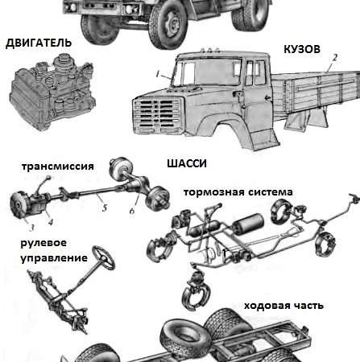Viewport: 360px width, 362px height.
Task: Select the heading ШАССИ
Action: click(x=187, y=163)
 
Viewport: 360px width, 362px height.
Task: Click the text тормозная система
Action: click(x=238, y=192)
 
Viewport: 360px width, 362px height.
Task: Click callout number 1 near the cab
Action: click(x=160, y=74)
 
